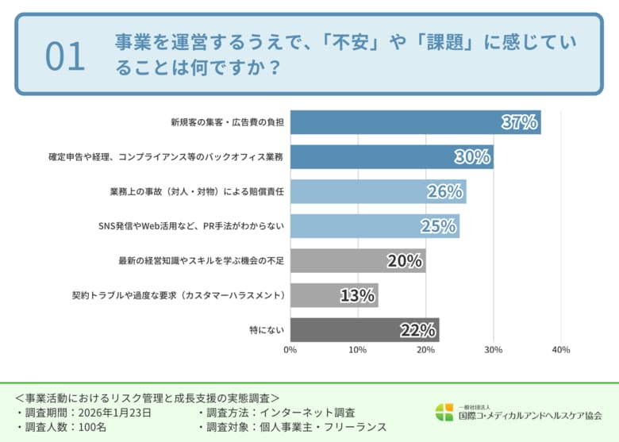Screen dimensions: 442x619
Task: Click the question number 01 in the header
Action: pyautogui.click(x=65, y=57)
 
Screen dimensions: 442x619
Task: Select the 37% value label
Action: pyautogui.click(x=520, y=122)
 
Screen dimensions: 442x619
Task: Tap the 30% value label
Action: pyautogui.click(x=472, y=157)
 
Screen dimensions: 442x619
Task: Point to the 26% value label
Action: pyautogui.click(x=444, y=192)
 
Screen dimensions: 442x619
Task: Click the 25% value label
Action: pyautogui.click(x=438, y=226)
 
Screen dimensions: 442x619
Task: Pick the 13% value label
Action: pyautogui.click(x=357, y=295)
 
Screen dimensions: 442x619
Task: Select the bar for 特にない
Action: pyautogui.click(x=364, y=329)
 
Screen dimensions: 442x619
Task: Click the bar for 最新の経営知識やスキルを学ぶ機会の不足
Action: pyautogui.click(x=357, y=261)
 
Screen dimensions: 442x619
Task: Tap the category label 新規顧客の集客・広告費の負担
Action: pyautogui.click(x=227, y=123)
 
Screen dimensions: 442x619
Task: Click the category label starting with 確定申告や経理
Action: pyautogui.click(x=166, y=157)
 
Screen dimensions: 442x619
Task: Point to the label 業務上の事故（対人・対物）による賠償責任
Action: pyautogui.click(x=197, y=192)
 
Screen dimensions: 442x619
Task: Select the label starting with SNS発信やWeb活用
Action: pyautogui.click(x=186, y=226)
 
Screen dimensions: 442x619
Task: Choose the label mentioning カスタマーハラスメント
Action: pyautogui.click(x=178, y=295)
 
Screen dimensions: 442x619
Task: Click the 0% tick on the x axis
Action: pyautogui.click(x=290, y=350)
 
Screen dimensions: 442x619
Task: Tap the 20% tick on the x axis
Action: pyautogui.click(x=425, y=350)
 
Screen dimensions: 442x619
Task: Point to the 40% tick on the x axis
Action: pyautogui.click(x=560, y=350)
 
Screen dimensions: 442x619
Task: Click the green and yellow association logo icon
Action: pyautogui.click(x=444, y=412)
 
